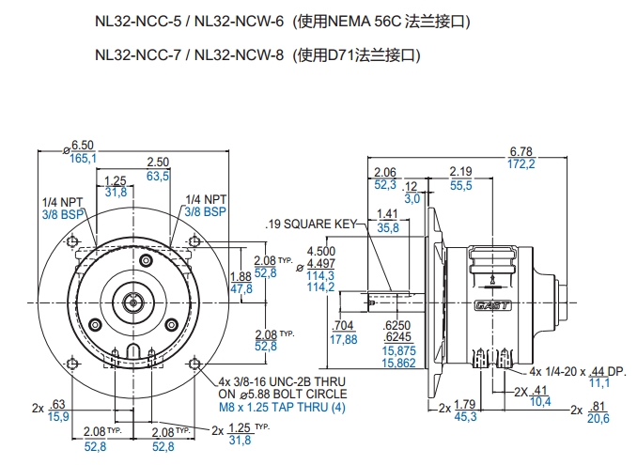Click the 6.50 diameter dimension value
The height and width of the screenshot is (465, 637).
click(83, 146)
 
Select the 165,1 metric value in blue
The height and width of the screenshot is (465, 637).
click(83, 159)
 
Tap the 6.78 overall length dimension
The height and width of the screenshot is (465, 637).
click(520, 151)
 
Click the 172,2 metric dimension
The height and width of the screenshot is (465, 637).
click(520, 164)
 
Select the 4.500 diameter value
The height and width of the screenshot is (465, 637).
click(321, 252)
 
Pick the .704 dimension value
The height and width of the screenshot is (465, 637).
click(344, 327)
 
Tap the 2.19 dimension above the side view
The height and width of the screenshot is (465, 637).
click(460, 172)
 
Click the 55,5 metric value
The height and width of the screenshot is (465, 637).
click(460, 186)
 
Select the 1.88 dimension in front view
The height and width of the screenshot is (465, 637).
click(241, 276)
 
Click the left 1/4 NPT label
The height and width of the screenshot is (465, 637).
click(63, 200)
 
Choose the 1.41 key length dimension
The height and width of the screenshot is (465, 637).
click(387, 214)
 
